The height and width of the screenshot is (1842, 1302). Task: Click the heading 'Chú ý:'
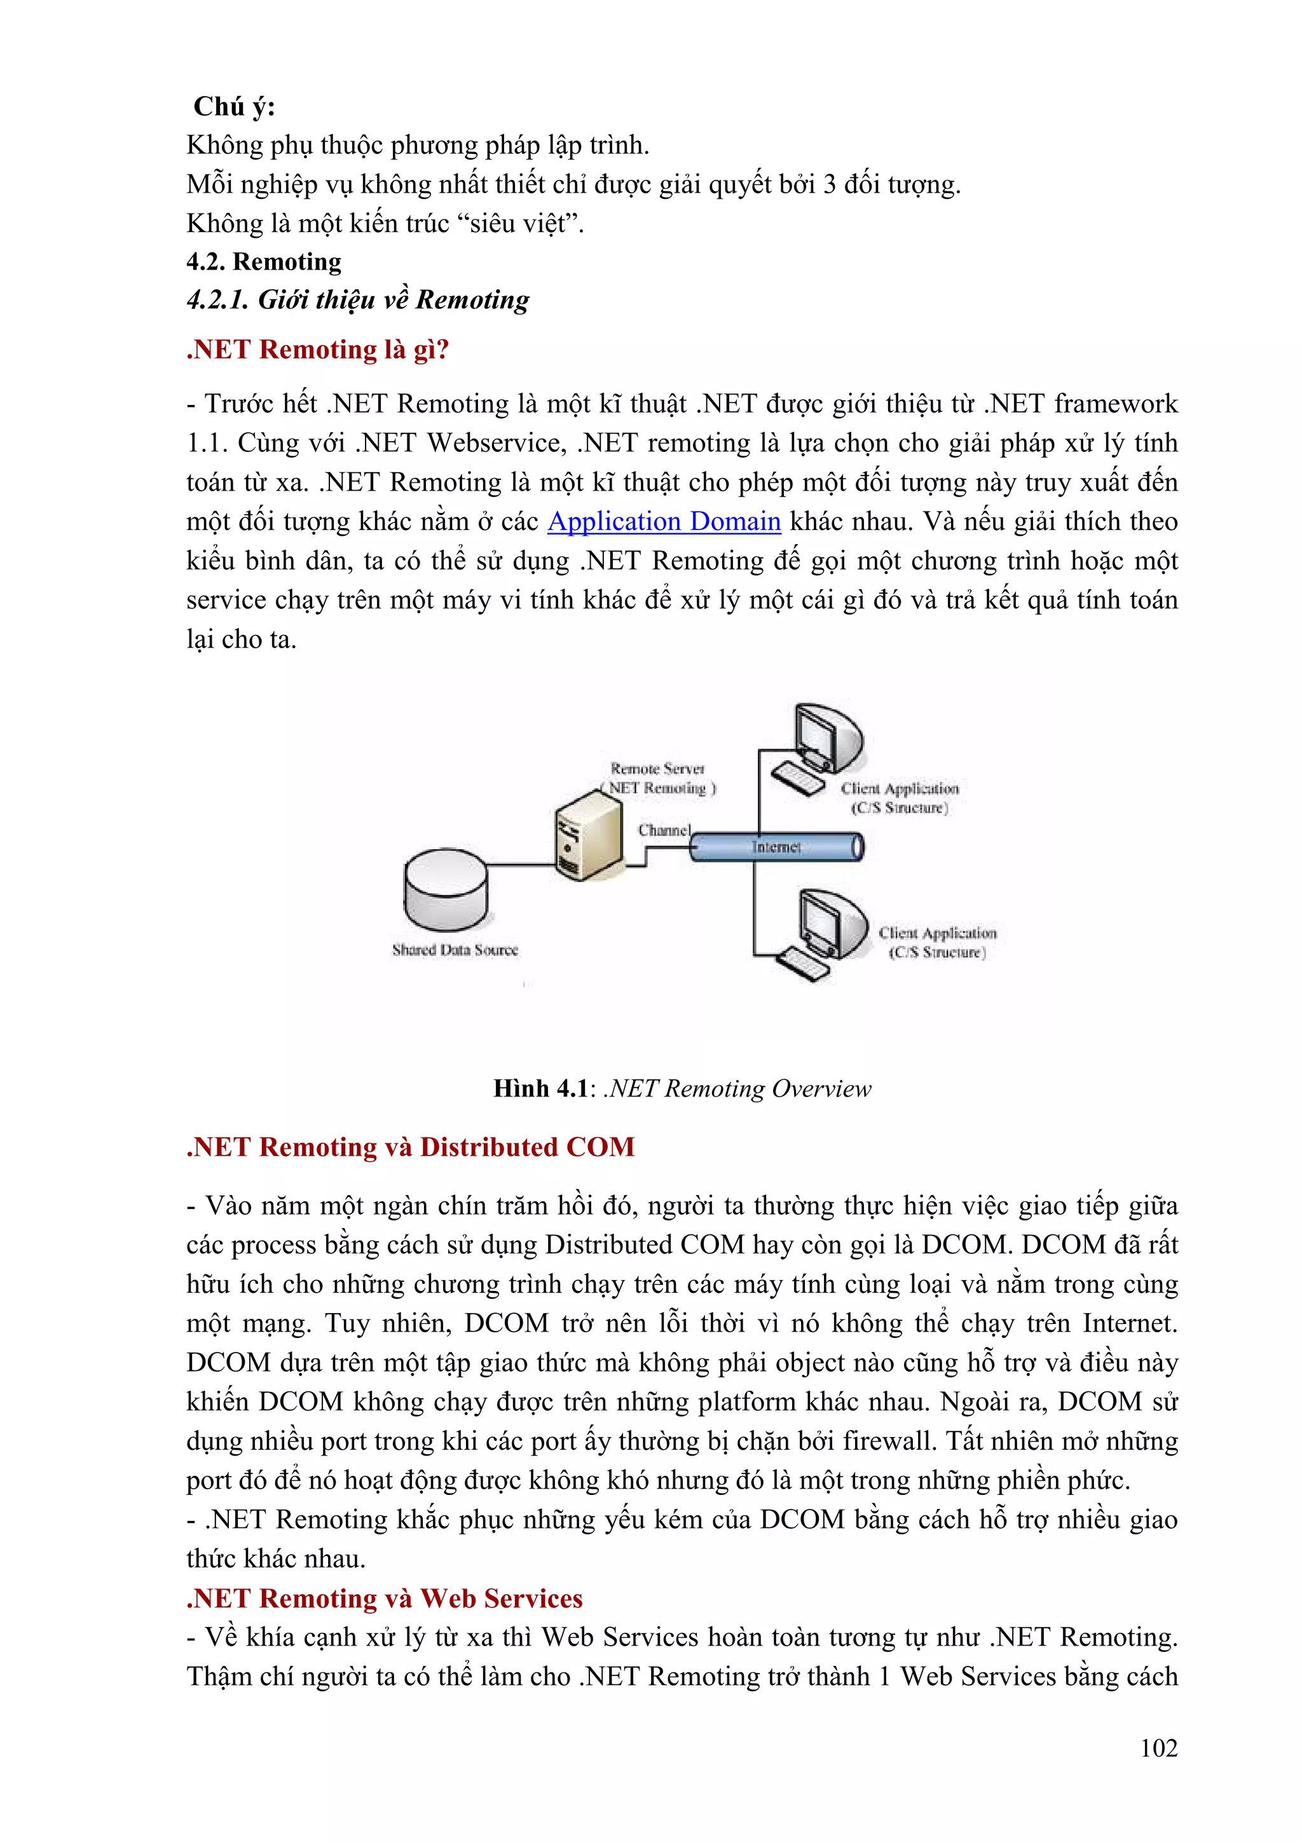point(234,107)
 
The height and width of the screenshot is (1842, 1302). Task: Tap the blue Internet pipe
point(776,847)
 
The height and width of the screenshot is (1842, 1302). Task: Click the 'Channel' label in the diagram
point(664,829)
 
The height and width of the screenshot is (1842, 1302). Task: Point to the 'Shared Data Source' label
point(455,950)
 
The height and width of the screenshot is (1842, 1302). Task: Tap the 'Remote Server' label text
point(657,768)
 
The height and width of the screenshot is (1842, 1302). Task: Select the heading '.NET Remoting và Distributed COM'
point(410,1147)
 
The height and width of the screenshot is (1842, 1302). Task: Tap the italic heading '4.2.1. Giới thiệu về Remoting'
point(358,300)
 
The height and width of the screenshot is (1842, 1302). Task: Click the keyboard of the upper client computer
point(797,778)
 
